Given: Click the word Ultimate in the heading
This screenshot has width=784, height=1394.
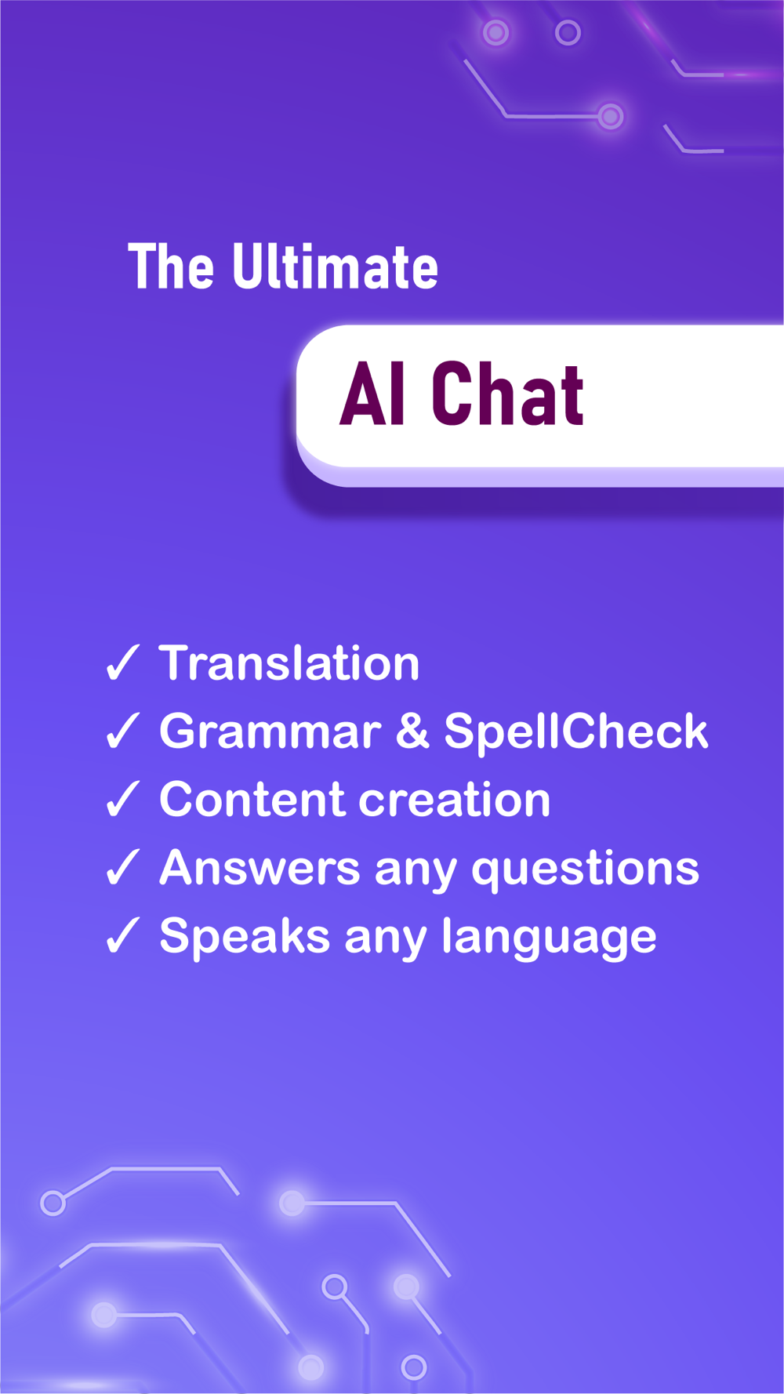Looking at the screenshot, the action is click(335, 267).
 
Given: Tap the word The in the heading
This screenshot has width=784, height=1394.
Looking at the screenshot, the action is click(171, 267).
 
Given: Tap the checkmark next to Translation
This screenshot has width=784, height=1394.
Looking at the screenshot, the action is click(122, 663).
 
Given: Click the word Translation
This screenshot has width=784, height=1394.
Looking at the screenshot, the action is click(289, 663).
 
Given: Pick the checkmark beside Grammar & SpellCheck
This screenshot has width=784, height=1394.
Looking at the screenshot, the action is click(122, 731).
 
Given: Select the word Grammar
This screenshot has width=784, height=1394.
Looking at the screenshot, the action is click(270, 731).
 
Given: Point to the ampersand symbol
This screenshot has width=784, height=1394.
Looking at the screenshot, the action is click(412, 731).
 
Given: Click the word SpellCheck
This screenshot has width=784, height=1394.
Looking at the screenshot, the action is click(576, 731).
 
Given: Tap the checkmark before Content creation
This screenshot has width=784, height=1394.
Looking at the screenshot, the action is click(122, 799).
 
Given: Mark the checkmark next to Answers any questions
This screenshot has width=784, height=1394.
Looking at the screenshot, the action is click(122, 867).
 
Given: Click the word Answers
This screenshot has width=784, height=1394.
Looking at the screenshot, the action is click(260, 868).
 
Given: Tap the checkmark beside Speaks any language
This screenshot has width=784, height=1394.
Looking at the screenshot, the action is click(122, 935).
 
